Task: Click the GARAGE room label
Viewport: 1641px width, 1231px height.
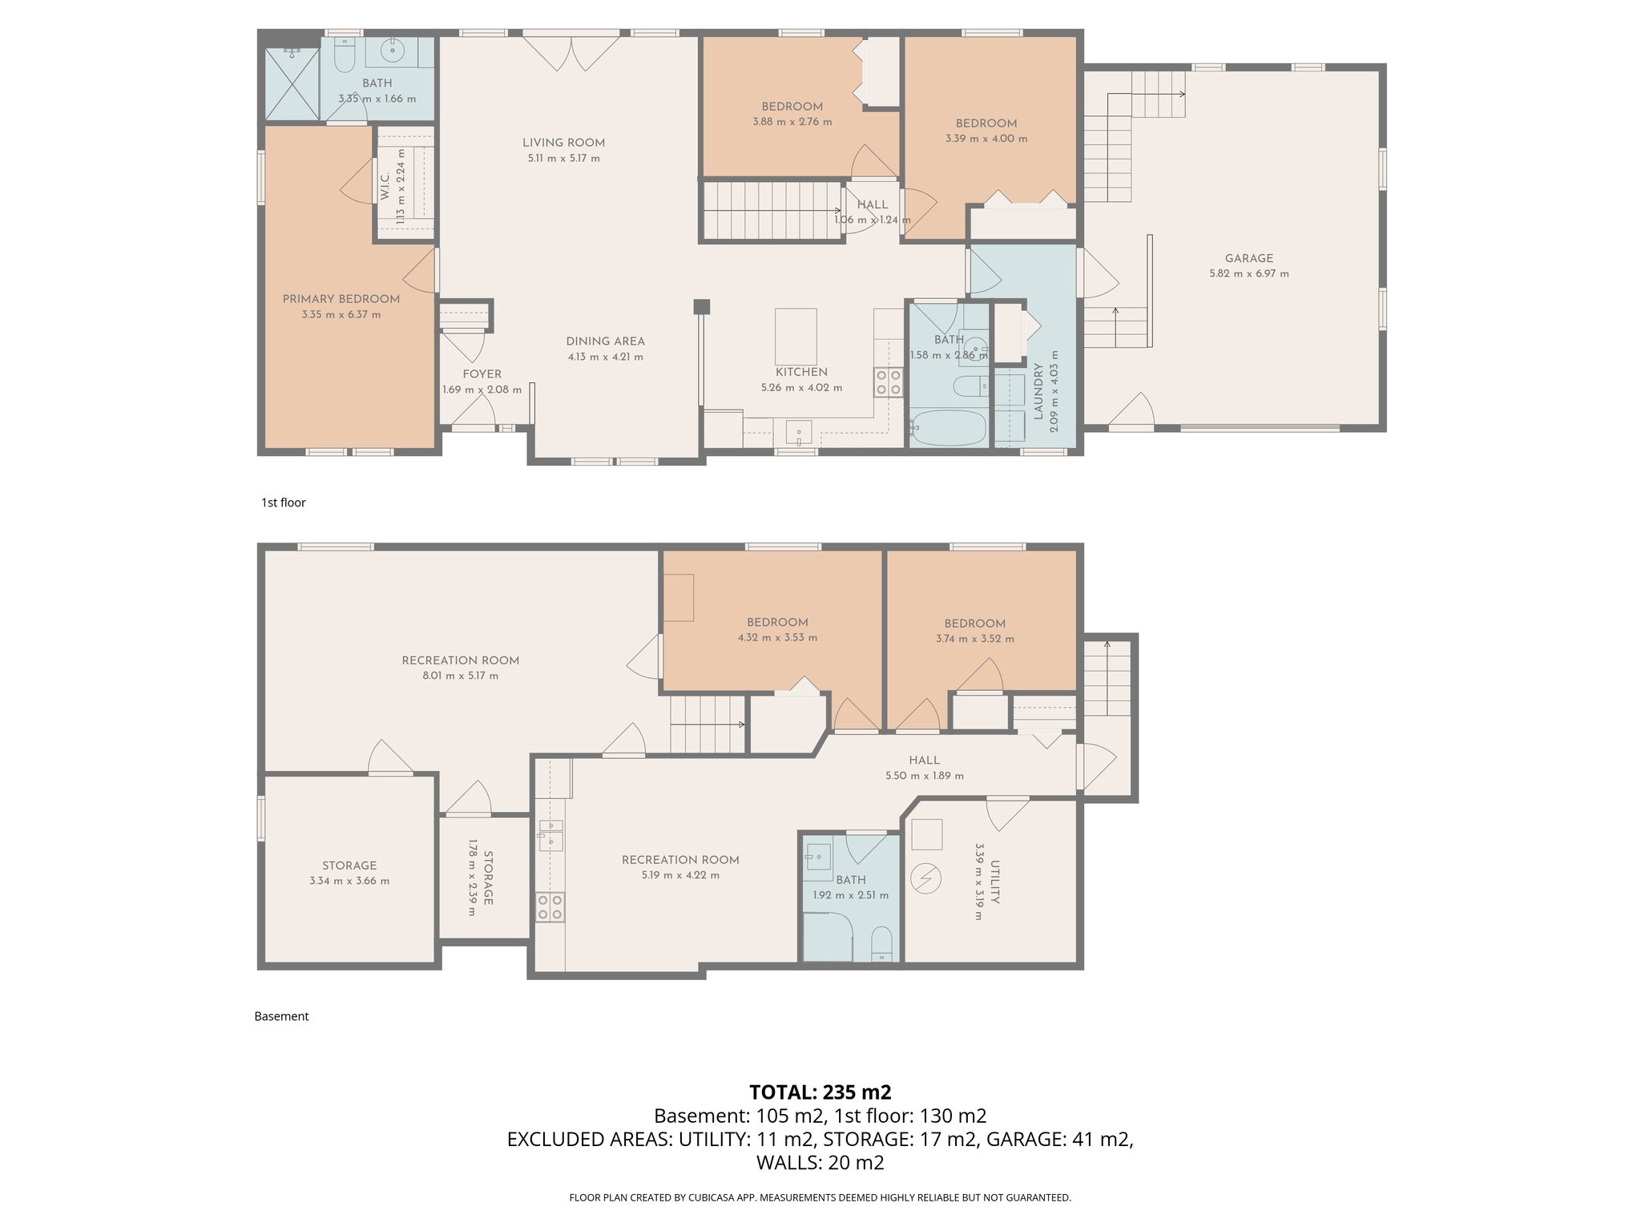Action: (x=1248, y=258)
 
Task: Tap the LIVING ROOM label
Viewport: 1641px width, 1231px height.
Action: (x=563, y=143)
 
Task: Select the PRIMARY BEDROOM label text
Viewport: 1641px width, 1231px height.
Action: (x=341, y=299)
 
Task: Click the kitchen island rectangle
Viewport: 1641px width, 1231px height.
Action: (x=796, y=337)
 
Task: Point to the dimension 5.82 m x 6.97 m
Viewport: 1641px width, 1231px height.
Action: (x=1248, y=273)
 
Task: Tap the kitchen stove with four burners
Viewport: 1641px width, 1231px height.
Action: (x=888, y=381)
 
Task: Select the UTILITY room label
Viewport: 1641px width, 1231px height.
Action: (x=994, y=882)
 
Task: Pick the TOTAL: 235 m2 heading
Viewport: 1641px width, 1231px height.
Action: (x=820, y=1092)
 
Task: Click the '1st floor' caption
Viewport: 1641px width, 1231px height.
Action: (x=283, y=502)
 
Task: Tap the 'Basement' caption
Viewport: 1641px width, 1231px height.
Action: (x=281, y=1016)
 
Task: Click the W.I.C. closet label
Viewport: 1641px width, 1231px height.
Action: (x=385, y=186)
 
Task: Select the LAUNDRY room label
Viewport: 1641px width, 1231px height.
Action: (x=1038, y=391)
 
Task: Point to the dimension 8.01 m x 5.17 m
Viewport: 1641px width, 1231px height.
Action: (x=460, y=676)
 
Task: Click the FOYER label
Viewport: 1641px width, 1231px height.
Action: (x=482, y=374)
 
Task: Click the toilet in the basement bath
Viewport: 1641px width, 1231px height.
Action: (x=881, y=943)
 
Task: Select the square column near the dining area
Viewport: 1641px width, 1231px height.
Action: (x=701, y=306)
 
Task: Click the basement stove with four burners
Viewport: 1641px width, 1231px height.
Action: (x=550, y=907)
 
